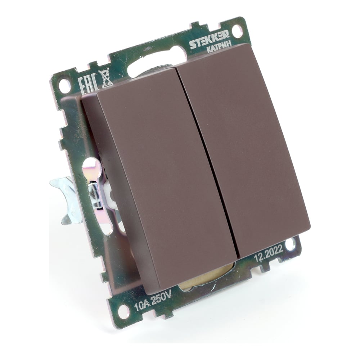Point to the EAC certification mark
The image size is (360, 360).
pyautogui.click(x=88, y=85)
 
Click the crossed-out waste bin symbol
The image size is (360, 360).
pyautogui.click(x=105, y=78)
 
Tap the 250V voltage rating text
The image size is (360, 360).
pyautogui.click(x=162, y=298)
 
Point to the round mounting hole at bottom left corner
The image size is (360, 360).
pyautogui.click(x=123, y=311)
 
